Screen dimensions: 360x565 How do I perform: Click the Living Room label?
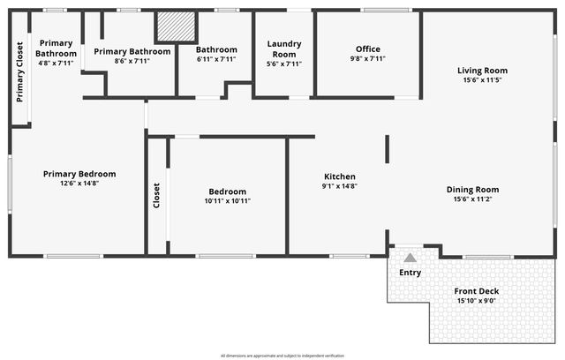coord(482,71)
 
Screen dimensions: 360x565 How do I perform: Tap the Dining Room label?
coord(472,190)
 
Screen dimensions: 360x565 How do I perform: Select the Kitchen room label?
coord(340,176)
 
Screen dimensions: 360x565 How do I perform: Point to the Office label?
coord(368,49)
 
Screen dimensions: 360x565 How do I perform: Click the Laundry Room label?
coord(284,49)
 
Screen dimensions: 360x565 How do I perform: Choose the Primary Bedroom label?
coord(79,174)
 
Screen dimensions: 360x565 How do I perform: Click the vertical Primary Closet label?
coord(20,71)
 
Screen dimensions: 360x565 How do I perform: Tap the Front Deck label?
coord(477,291)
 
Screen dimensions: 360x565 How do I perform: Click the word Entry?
coord(411,273)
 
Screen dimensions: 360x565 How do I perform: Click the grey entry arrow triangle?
coord(411,258)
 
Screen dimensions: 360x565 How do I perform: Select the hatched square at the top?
coord(175,26)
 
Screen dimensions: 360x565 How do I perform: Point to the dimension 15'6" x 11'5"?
coord(482,80)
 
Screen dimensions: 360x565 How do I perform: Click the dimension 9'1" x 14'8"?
coord(340,186)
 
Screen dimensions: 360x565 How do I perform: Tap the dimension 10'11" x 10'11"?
coord(228,201)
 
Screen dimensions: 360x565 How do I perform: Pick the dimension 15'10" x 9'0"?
coord(477,301)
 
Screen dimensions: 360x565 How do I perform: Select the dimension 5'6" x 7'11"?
coord(284,64)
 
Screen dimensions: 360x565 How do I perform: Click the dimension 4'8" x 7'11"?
coord(56,64)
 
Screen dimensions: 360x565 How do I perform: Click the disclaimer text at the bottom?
coord(282,355)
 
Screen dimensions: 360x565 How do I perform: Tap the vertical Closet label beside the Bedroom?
coord(157,196)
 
